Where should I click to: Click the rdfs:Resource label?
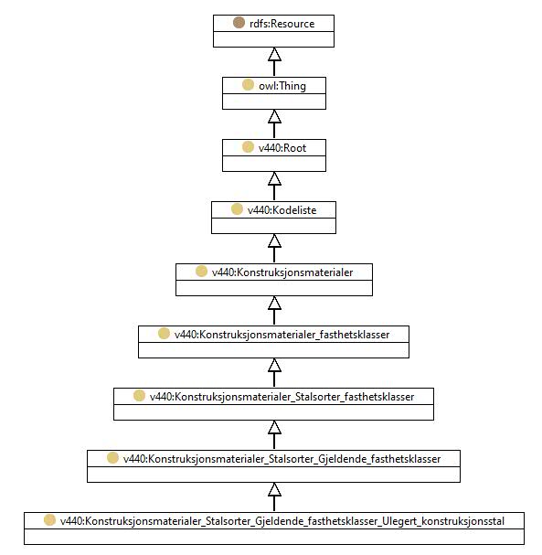[282, 24]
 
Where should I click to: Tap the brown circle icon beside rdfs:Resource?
[239, 23]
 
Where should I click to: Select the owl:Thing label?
[282, 86]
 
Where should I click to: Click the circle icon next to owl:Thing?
[248, 85]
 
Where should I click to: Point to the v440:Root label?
[282, 148]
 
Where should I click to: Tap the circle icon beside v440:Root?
[248, 147]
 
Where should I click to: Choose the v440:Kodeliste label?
[282, 210]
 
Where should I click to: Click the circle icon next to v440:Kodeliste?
[237, 209]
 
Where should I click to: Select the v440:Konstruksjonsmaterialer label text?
[282, 272]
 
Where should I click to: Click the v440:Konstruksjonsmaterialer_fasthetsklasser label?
[282, 335]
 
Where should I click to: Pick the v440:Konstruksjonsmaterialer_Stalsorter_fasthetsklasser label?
[282, 397]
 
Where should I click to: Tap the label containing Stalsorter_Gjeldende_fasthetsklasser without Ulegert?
[282, 459]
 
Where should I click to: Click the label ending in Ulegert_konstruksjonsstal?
[282, 521]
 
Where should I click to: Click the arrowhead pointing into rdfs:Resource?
[274, 54]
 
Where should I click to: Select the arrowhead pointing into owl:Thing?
[274, 116]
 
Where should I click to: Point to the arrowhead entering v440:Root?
[274, 178]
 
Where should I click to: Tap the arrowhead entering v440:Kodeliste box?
[274, 240]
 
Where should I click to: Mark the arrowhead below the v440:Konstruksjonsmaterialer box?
[274, 303]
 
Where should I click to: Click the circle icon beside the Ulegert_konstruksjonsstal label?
[50, 520]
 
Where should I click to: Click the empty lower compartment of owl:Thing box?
[274, 101]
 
